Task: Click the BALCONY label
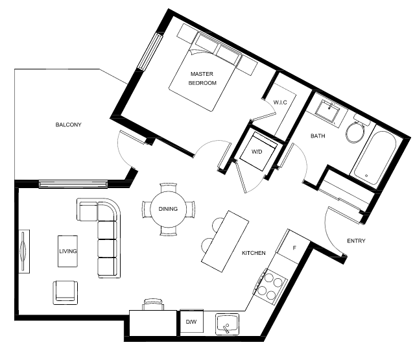[68, 125]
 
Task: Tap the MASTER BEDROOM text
[202, 78]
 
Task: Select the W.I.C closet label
[280, 102]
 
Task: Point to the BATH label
[318, 136]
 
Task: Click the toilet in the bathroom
[357, 129]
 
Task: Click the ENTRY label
[356, 241]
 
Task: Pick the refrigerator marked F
[292, 247]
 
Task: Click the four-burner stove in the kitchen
[270, 287]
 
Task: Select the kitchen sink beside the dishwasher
[227, 324]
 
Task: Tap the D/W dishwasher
[192, 321]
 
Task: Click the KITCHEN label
[254, 253]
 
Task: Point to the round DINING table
[169, 209]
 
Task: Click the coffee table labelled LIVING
[67, 251]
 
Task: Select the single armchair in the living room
[65, 293]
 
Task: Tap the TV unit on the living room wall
[24, 252]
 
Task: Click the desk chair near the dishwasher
[153, 304]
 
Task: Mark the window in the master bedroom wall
[150, 52]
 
